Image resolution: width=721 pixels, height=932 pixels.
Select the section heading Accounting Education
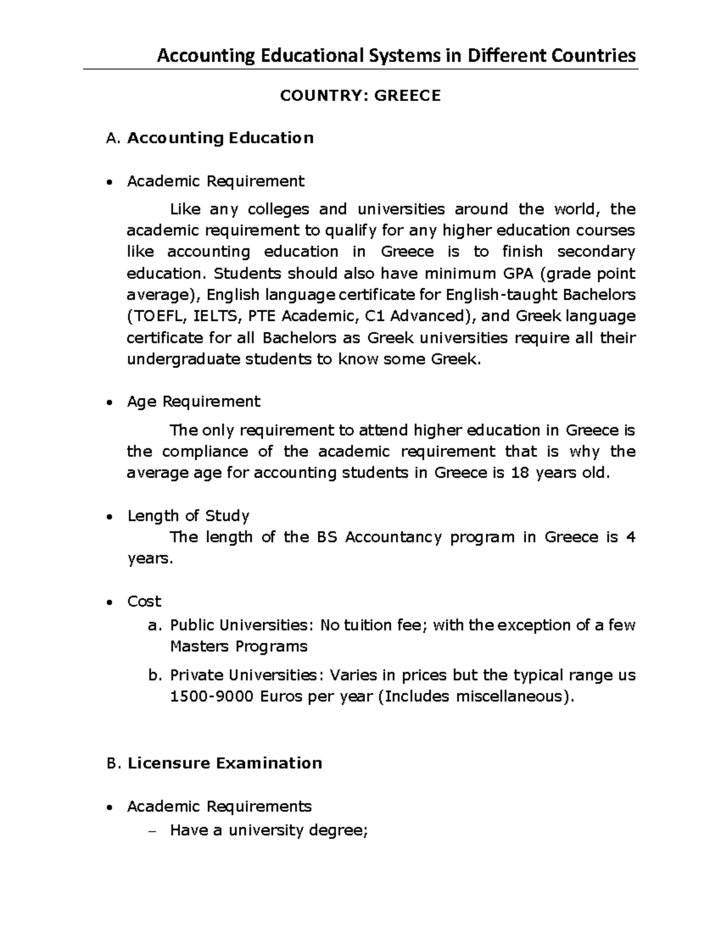pyautogui.click(x=220, y=138)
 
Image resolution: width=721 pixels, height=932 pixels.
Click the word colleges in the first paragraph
pyautogui.click(x=278, y=209)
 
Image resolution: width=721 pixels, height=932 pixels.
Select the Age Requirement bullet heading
pyautogui.click(x=193, y=401)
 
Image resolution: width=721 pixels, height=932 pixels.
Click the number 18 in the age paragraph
pyautogui.click(x=519, y=473)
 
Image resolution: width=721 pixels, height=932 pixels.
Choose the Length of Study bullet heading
pyautogui.click(x=188, y=516)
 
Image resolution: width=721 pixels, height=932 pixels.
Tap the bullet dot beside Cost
pyautogui.click(x=108, y=603)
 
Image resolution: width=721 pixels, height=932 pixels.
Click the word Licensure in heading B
pyautogui.click(x=168, y=763)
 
